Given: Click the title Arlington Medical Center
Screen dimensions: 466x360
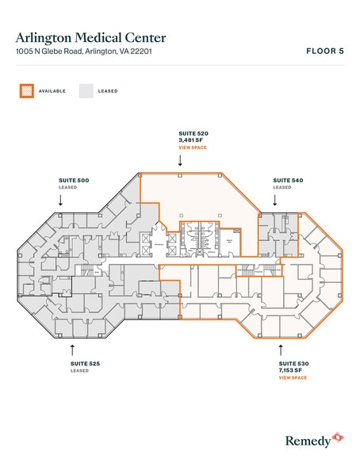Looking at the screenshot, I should tap(91, 37).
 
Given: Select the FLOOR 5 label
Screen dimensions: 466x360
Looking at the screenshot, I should tap(324, 52).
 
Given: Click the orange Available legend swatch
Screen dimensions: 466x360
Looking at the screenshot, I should tap(25, 91).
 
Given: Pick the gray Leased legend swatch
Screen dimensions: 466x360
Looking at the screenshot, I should tap(86, 91).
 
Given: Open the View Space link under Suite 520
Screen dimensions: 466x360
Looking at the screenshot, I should tap(193, 148).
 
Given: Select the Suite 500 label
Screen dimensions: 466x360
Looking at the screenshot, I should tap(73, 181).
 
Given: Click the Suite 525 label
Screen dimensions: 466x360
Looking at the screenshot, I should tap(85, 364).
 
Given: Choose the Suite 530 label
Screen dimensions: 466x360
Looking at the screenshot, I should tap(292, 364).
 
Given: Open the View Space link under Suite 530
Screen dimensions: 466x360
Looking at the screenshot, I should tap(292, 377).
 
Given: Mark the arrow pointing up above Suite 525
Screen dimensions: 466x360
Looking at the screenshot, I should tap(72, 347).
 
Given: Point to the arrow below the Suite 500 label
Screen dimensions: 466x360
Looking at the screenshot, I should tap(60, 201).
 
